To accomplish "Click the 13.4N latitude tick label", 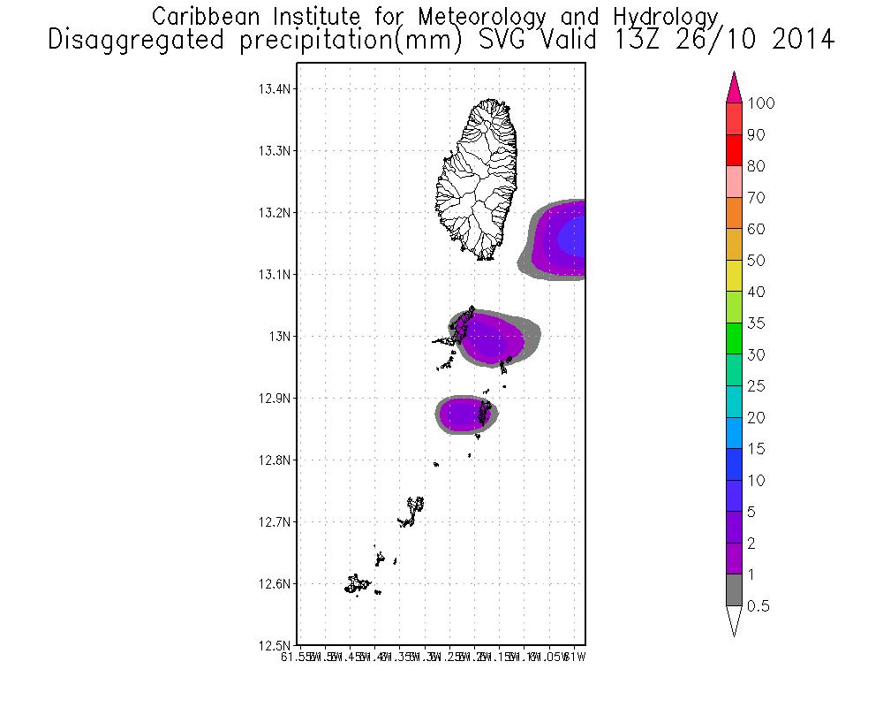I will coord(274,89).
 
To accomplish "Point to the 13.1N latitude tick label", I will coord(274,275).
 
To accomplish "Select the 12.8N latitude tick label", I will coord(274,460).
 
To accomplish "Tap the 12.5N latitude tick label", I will coord(274,645).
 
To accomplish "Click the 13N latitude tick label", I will coord(280,337).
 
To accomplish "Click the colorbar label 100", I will coord(760,103).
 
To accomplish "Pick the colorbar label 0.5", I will coord(758,606).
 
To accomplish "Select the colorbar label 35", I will coord(756,323).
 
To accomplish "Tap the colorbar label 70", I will coord(756,198).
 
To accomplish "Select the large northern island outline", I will coord(478,177).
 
